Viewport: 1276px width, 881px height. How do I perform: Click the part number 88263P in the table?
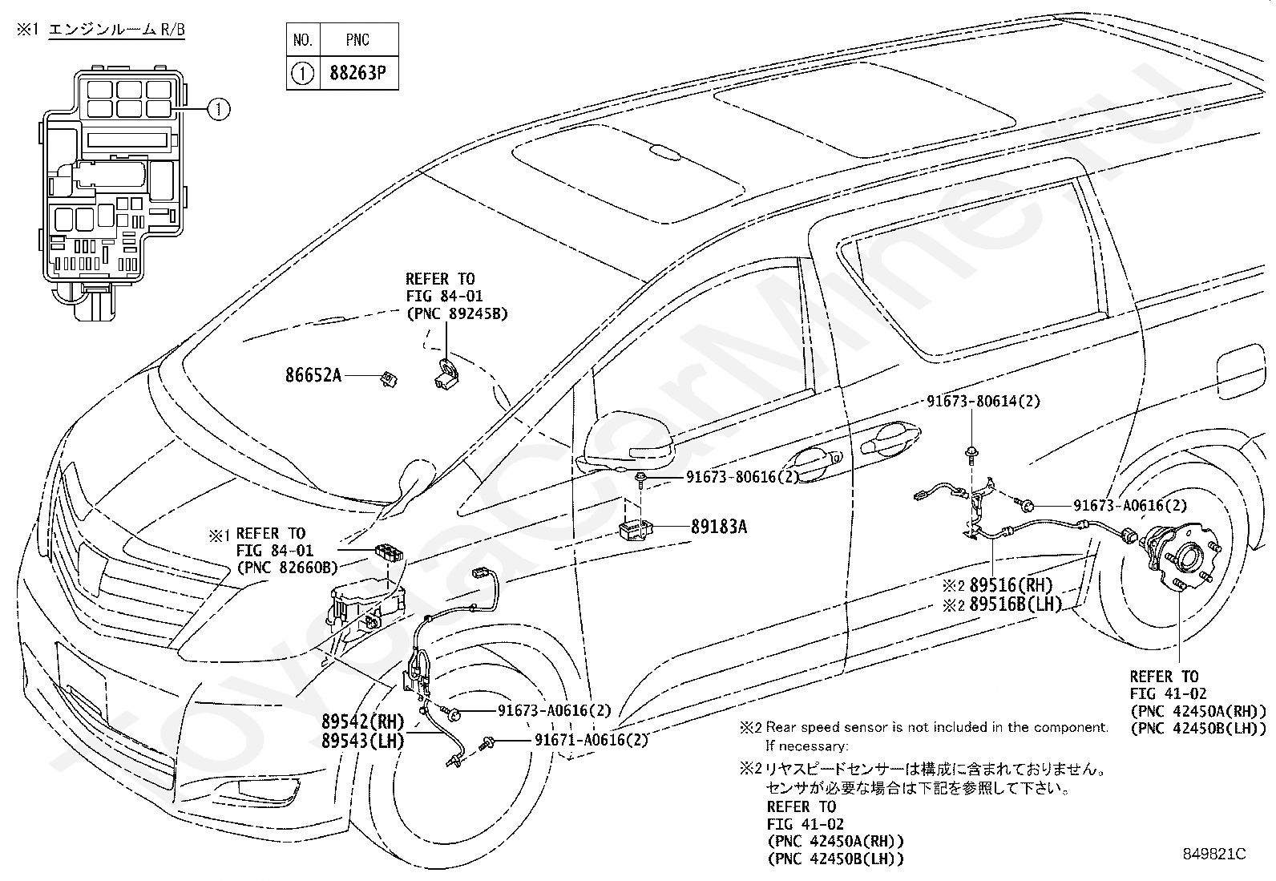pos(357,73)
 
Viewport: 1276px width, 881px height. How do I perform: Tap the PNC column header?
pos(357,40)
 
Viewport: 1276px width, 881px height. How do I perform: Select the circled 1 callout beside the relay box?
pos(219,109)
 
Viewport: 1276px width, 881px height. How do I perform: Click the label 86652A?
pos(313,375)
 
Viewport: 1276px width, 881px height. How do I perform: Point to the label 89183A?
pos(719,527)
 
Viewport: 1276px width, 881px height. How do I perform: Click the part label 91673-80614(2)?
pos(983,401)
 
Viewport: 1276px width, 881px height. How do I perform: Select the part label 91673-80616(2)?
pos(743,477)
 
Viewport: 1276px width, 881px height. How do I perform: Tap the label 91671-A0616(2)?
pos(592,740)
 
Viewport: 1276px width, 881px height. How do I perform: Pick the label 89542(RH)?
pos(363,721)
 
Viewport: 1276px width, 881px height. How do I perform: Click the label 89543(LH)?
pos(363,741)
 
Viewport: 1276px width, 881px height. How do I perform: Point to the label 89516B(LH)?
pos(1016,604)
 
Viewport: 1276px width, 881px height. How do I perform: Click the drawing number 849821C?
pos(1214,854)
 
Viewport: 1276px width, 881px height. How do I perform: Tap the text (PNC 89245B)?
pos(457,314)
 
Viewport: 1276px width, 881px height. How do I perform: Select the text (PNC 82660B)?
pos(287,568)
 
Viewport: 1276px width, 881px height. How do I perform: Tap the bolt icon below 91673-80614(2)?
pos(971,455)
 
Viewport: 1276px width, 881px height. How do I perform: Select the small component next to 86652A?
pos(389,379)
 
